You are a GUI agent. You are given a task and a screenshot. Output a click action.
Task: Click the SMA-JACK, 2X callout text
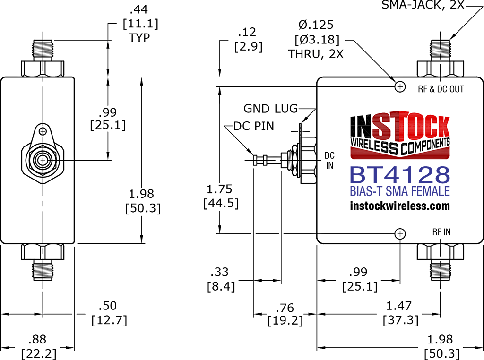423,5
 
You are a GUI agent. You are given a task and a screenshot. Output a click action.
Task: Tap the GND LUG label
271,109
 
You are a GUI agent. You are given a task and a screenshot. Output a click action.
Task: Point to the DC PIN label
254,126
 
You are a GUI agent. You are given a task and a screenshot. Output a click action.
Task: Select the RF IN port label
441,232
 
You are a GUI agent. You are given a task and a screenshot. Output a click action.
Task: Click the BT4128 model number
400,175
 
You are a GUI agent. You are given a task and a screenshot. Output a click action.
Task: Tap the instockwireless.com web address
400,206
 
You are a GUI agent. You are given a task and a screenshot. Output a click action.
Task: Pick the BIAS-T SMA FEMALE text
400,191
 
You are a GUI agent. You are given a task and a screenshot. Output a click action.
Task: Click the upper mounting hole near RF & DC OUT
400,86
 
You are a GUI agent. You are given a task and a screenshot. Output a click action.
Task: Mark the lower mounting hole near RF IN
400,234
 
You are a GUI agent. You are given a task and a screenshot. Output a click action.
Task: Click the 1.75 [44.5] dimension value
221,196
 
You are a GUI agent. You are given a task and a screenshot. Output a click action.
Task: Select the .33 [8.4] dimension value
220,279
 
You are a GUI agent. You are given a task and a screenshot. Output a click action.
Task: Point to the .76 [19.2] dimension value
285,314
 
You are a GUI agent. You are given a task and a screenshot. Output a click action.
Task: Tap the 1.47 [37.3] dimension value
400,313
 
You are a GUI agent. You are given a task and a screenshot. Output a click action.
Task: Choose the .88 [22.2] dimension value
38,346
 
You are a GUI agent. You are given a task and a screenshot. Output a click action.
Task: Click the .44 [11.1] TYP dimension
140,24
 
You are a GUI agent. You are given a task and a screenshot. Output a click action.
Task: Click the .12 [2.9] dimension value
248,40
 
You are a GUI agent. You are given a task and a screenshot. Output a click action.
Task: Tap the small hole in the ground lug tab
43,131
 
